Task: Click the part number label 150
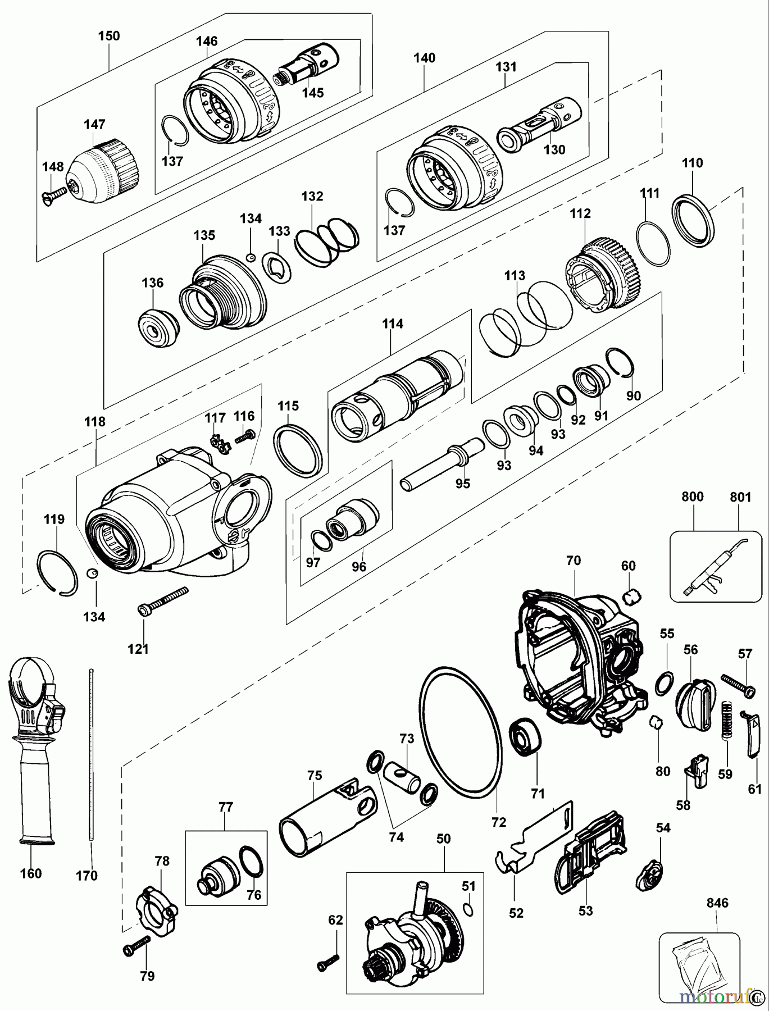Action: coord(109,36)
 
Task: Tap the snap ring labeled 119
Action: coord(57,572)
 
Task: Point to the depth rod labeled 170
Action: coord(90,758)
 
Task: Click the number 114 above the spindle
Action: coord(393,324)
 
